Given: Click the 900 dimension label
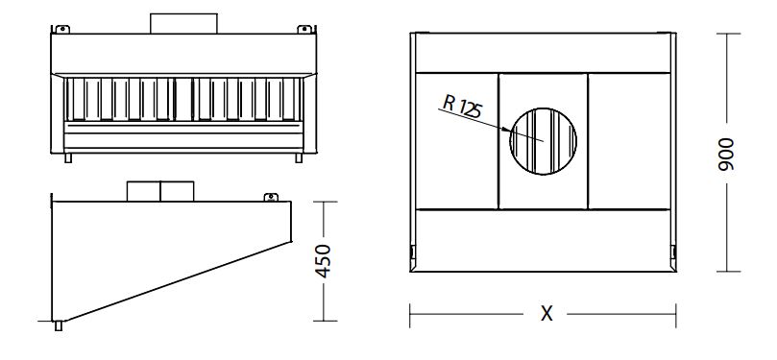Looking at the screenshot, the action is tap(726, 155).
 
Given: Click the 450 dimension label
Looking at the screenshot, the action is tap(324, 261).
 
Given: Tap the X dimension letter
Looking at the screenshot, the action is tap(546, 314).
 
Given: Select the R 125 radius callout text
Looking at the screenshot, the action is tap(462, 107).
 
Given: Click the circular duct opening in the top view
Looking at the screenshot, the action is tap(543, 141).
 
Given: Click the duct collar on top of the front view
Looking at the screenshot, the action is tap(183, 23).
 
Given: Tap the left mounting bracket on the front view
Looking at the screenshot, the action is tap(61, 29).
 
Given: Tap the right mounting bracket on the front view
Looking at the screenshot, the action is tap(304, 29).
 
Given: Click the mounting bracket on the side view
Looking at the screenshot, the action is tap(271, 197).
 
